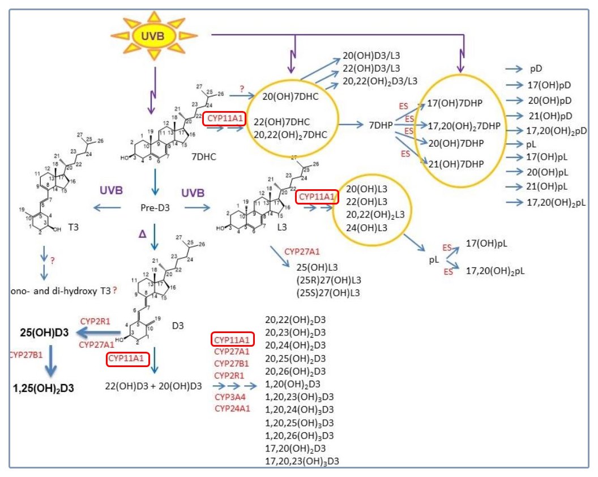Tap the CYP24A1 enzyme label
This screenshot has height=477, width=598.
[232, 408]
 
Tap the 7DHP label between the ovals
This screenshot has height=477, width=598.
[381, 124]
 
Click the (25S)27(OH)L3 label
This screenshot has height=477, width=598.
[328, 292]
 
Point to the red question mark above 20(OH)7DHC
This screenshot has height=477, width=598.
[241, 89]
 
